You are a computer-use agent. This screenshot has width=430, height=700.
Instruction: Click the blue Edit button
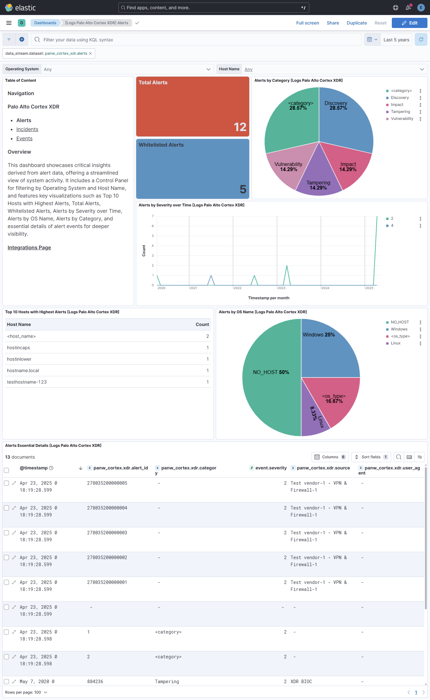point(409,23)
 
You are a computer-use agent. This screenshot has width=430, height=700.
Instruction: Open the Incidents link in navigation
point(27,129)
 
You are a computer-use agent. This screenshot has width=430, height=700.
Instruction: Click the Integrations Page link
point(29,248)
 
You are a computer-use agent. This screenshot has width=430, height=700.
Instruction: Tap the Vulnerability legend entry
point(402,119)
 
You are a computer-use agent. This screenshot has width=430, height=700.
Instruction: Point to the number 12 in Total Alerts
point(240,127)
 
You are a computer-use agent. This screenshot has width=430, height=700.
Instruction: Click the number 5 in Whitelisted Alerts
point(243,189)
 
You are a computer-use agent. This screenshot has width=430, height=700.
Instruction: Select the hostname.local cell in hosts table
point(23,371)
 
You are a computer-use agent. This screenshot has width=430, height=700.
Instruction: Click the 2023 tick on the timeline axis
point(281,288)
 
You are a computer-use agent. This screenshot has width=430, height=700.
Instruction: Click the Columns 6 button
point(330,457)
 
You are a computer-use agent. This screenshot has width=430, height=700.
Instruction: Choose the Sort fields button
point(371,457)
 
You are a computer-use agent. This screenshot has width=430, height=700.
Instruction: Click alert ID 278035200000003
point(107,533)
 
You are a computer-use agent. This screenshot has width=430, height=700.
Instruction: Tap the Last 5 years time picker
point(396,40)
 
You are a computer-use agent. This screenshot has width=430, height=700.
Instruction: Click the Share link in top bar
point(333,23)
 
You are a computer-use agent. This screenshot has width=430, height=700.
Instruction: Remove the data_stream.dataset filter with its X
point(90,53)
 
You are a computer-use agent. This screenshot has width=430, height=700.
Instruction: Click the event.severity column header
point(271,468)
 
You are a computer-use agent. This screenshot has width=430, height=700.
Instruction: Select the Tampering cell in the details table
point(167,682)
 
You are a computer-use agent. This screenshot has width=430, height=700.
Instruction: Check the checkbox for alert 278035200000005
point(6,483)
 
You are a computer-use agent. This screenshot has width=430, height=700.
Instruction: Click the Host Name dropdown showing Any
point(334,69)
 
